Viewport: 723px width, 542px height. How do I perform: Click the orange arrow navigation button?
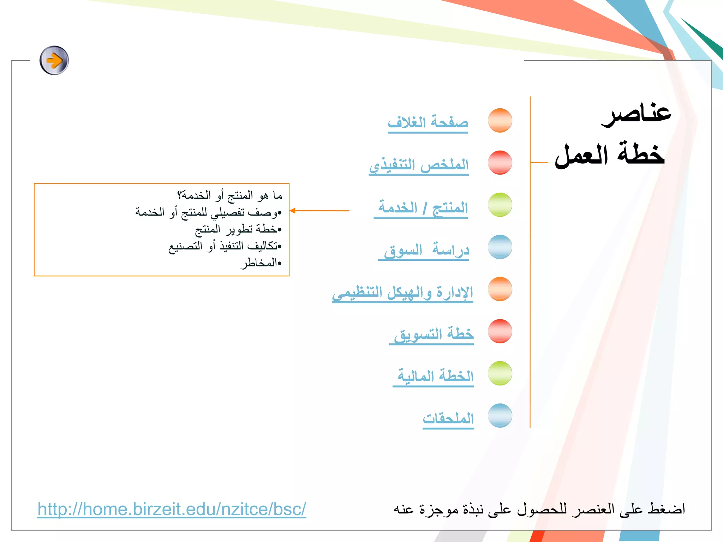pos(54,60)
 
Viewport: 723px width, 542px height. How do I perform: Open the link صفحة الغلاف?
pos(428,122)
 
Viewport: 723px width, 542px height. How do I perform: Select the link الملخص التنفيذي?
pos(419,165)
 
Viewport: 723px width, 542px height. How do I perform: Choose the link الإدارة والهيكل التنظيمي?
pos(402,293)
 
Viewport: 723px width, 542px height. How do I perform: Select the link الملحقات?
pos(448,418)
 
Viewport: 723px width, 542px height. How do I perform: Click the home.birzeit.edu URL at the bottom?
pos(172,509)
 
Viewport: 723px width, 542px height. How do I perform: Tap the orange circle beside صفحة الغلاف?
pos(500,120)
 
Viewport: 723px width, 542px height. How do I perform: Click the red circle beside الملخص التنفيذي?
pos(500,162)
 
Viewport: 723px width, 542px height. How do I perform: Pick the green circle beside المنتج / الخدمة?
pos(500,205)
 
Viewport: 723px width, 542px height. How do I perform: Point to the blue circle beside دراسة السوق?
pos(500,247)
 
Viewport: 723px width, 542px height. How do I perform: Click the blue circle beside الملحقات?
pos(500,415)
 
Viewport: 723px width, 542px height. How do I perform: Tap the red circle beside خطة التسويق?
pos(500,331)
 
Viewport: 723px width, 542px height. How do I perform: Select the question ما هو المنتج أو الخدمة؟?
pos(229,195)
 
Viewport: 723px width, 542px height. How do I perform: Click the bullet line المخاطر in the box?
pos(261,263)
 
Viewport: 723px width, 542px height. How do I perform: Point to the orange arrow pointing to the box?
pos(319,211)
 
